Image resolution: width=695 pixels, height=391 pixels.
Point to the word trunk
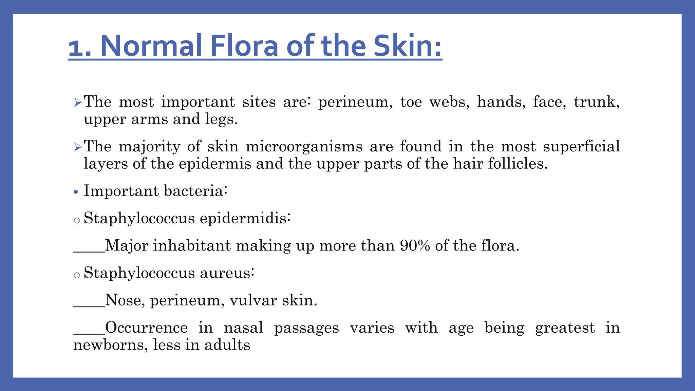click(x=596, y=102)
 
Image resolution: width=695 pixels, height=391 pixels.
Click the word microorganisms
click(x=304, y=147)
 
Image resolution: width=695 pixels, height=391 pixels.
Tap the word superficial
click(x=581, y=147)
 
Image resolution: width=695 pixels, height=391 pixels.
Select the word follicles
click(x=518, y=164)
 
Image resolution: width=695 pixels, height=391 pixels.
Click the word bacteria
click(x=195, y=191)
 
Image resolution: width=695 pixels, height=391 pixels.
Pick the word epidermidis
click(x=245, y=218)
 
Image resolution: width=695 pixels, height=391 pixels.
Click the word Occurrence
click(x=146, y=328)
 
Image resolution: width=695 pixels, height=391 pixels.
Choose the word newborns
click(x=110, y=345)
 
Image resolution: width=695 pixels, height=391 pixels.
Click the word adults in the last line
click(x=227, y=345)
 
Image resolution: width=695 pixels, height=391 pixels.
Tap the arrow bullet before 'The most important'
click(x=78, y=102)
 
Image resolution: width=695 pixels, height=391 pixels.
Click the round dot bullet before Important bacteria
click(x=76, y=192)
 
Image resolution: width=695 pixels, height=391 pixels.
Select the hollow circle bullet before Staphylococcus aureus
click(x=77, y=275)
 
